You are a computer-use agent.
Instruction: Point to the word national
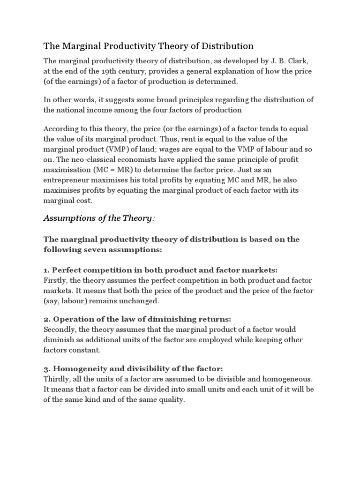[74, 110]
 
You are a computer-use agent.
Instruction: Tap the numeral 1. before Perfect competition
[46, 270]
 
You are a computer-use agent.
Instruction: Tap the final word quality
[172, 400]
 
